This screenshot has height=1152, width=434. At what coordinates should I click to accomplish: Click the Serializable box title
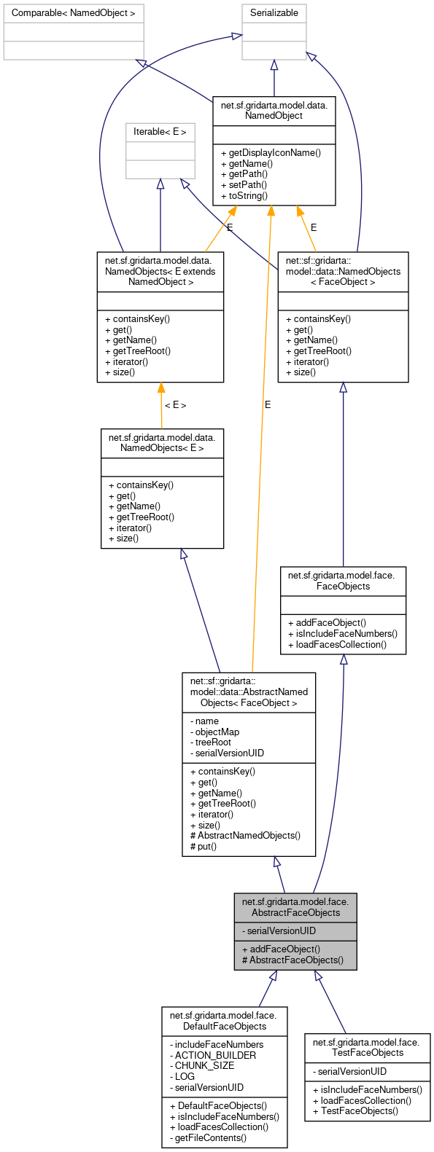click(x=274, y=12)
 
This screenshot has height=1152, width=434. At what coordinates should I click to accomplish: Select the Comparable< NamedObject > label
click(x=74, y=12)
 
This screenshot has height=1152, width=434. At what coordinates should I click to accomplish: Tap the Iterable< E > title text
click(x=160, y=132)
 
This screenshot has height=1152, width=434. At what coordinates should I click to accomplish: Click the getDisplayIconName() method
click(x=271, y=153)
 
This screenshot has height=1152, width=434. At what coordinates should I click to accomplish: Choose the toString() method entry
click(x=244, y=195)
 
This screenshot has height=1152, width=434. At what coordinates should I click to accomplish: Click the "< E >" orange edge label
click(x=175, y=405)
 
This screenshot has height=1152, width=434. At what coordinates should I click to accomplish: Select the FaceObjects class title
click(x=343, y=581)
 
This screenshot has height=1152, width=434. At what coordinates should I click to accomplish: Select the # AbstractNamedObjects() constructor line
click(x=245, y=836)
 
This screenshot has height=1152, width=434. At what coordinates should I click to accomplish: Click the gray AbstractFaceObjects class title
click(x=295, y=907)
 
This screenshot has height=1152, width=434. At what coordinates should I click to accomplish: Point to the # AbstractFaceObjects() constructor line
click(x=292, y=960)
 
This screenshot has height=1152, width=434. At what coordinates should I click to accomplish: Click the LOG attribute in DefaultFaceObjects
click(x=185, y=1076)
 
